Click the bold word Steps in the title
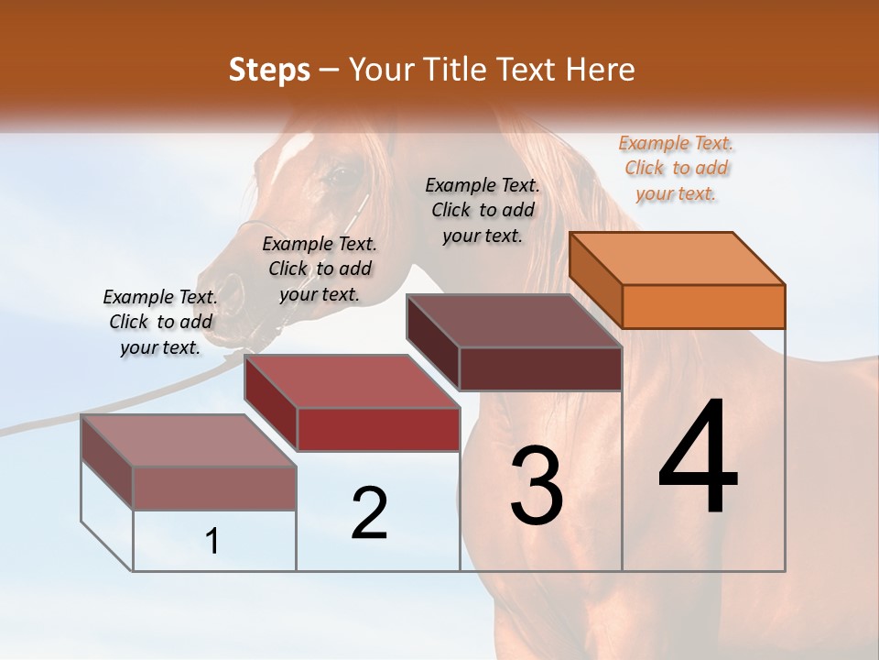[x=269, y=70]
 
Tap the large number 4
[x=698, y=458]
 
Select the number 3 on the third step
[x=537, y=485]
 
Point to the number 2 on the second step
[x=369, y=513]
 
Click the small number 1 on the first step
[x=212, y=542]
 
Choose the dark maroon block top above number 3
[x=514, y=321]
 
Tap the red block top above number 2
[x=351, y=381]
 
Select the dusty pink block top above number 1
[x=188, y=441]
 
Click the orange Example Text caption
[x=677, y=169]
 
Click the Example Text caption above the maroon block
[x=483, y=210]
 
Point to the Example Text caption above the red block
[x=320, y=269]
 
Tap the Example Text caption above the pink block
[x=160, y=322]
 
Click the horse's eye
[x=337, y=172]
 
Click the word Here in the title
[x=601, y=70]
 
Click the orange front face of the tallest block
[x=703, y=306]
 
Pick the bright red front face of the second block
[x=378, y=429]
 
